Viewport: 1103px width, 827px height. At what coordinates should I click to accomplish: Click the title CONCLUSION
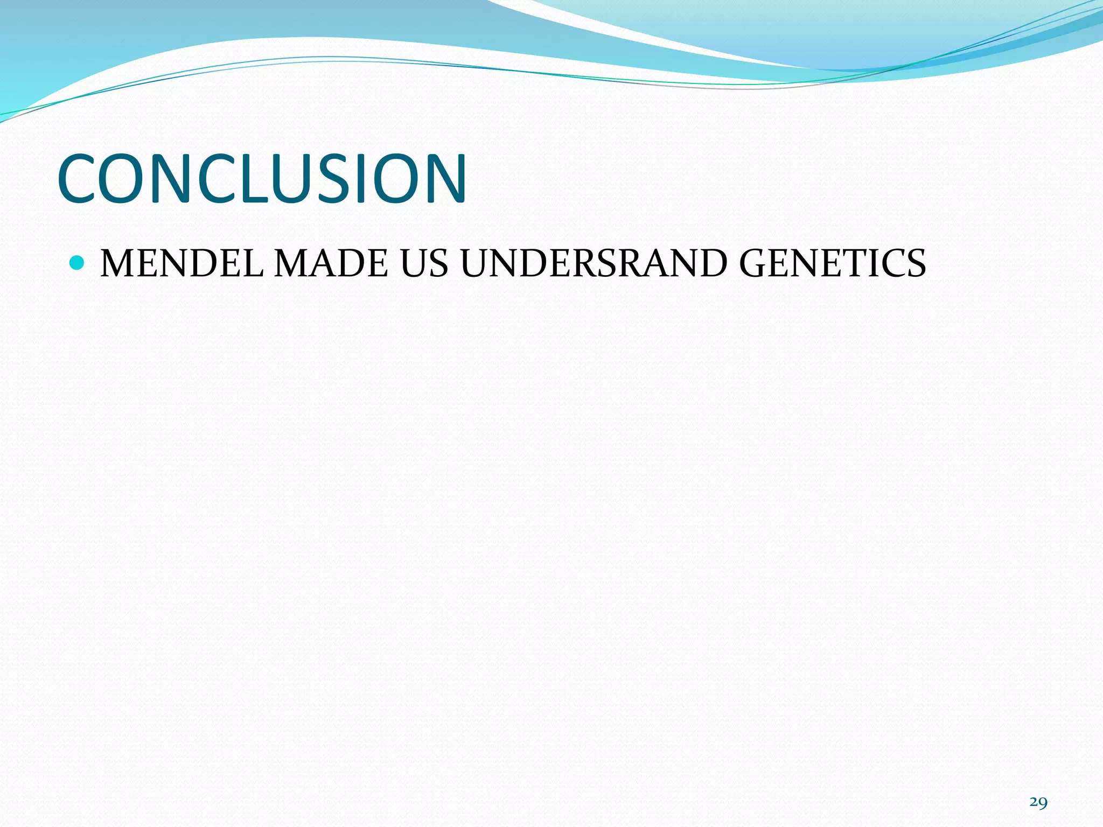point(262,179)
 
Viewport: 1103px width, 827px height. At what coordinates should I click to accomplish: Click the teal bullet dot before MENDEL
point(78,263)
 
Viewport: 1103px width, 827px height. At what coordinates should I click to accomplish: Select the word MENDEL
point(182,264)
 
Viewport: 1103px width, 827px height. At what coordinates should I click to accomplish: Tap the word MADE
point(331,264)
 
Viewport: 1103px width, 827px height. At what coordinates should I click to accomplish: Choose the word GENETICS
point(832,264)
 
